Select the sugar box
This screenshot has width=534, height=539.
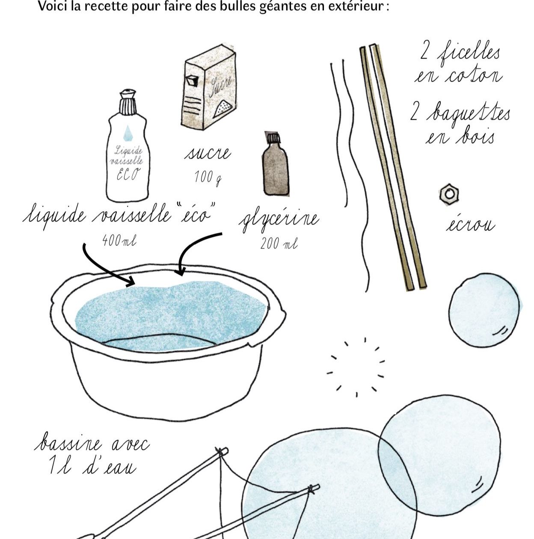tap(208, 87)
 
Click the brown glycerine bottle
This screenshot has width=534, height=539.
tap(276, 164)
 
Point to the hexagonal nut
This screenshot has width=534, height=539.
tap(449, 194)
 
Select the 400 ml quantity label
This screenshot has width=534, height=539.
tap(119, 240)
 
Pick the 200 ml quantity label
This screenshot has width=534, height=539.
tap(279, 243)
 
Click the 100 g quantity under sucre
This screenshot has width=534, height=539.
tap(208, 177)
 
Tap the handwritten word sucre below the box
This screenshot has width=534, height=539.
tap(208, 153)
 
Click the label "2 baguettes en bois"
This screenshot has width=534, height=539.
tap(459, 123)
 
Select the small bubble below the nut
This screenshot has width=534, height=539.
tap(484, 310)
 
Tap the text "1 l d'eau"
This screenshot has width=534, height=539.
tap(92, 466)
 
